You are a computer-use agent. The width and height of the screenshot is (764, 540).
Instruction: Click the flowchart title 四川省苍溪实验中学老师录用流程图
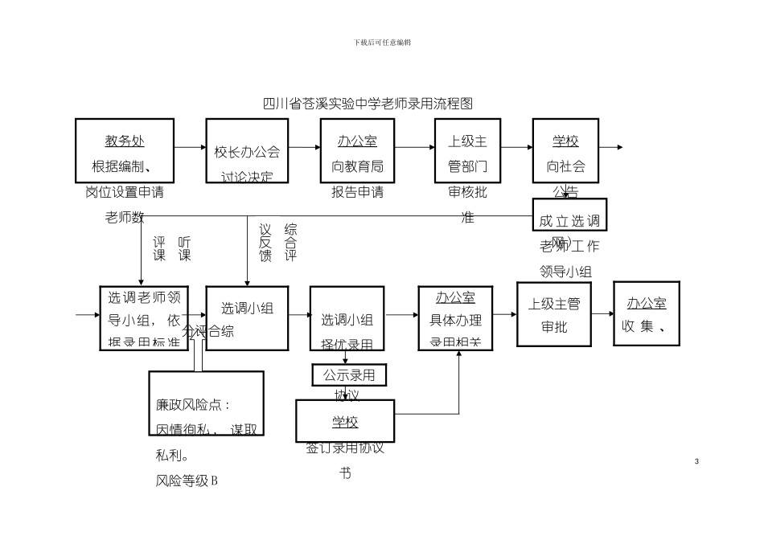pyautogui.click(x=368, y=104)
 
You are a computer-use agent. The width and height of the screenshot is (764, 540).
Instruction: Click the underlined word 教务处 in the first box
pyautogui.click(x=125, y=141)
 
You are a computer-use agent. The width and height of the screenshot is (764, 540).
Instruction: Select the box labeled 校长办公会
pyautogui.click(x=246, y=150)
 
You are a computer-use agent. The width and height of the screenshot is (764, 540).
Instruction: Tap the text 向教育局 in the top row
pyautogui.click(x=358, y=167)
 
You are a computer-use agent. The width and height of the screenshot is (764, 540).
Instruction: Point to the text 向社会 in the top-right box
pyautogui.click(x=565, y=167)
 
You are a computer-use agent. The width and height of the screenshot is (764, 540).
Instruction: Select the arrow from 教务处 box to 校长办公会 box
pyautogui.click(x=190, y=147)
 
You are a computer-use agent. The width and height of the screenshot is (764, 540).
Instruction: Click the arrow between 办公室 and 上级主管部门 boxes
pyautogui.click(x=414, y=147)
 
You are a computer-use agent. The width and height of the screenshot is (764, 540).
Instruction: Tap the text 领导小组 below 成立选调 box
pyautogui.click(x=565, y=272)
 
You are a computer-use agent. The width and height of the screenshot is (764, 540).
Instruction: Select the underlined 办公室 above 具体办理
pyautogui.click(x=455, y=298)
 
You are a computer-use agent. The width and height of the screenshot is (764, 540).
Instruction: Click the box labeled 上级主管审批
pyautogui.click(x=553, y=314)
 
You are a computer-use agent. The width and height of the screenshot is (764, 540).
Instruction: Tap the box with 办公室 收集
pyautogui.click(x=647, y=313)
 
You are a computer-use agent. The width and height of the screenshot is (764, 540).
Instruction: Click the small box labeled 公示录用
pyautogui.click(x=349, y=374)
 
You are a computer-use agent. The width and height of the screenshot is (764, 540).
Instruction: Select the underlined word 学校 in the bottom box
pyautogui.click(x=345, y=422)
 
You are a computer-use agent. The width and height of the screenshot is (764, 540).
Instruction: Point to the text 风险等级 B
pyautogui.click(x=187, y=481)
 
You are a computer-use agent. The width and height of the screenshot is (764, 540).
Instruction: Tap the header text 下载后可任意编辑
pyautogui.click(x=382, y=42)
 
